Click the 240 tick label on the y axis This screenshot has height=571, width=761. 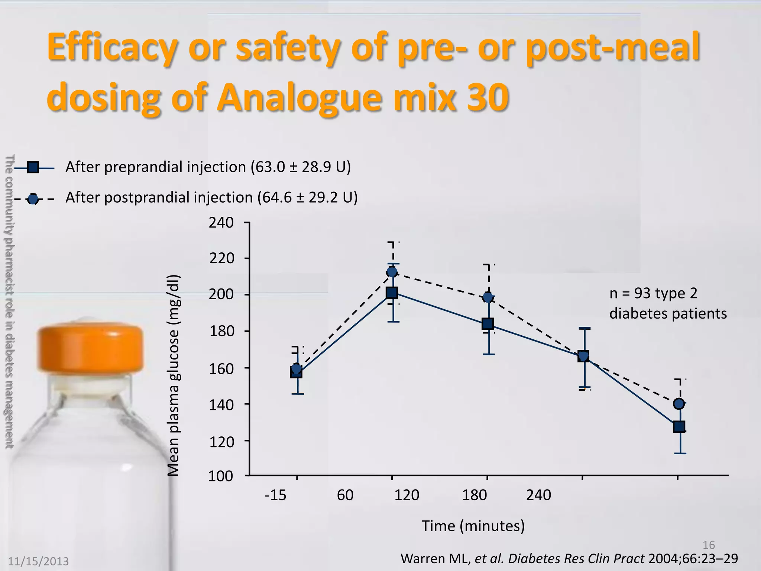pyautogui.click(x=221, y=223)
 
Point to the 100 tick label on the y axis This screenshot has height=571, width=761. pyautogui.click(x=220, y=476)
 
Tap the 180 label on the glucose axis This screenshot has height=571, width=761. pyautogui.click(x=222, y=331)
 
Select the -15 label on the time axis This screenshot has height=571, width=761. pyautogui.click(x=275, y=495)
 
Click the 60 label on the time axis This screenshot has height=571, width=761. pyautogui.click(x=345, y=495)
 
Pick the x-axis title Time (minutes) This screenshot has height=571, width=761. pyautogui.click(x=473, y=526)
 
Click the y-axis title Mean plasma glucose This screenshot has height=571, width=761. pyautogui.click(x=173, y=375)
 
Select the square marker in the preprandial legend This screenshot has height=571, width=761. pyautogui.click(x=33, y=168)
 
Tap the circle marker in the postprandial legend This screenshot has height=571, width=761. pyautogui.click(x=33, y=199)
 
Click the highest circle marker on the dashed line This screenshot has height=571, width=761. pyautogui.click(x=392, y=272)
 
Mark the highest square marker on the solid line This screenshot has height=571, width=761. pyautogui.click(x=392, y=293)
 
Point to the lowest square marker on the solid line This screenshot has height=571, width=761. pyautogui.click(x=679, y=427)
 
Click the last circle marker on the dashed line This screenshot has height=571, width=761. pyautogui.click(x=679, y=404)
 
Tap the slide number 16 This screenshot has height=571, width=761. pyautogui.click(x=709, y=545)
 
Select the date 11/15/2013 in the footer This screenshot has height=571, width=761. pyautogui.click(x=39, y=561)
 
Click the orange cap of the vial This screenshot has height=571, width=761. pyautogui.click(x=90, y=348)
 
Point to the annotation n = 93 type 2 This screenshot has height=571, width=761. pyautogui.click(x=653, y=294)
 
